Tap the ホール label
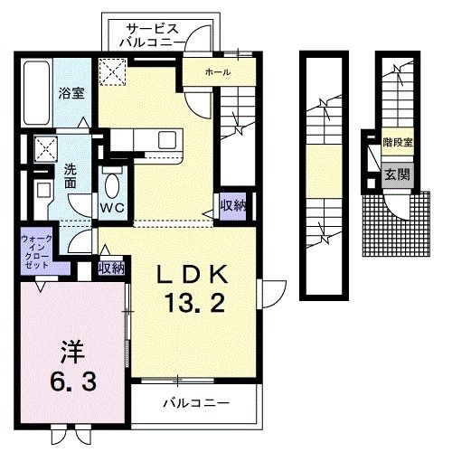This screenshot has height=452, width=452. click(x=217, y=71)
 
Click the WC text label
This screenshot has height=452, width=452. click(x=113, y=207)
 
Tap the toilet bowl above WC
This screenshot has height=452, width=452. click(x=112, y=184)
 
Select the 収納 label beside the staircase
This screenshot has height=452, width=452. click(x=232, y=206)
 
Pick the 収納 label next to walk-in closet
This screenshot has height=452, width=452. click(x=111, y=268)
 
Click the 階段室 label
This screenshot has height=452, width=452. click(x=397, y=143)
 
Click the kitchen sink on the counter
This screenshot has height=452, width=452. click(x=168, y=139)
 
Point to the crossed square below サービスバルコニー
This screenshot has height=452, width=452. click(x=112, y=71)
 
